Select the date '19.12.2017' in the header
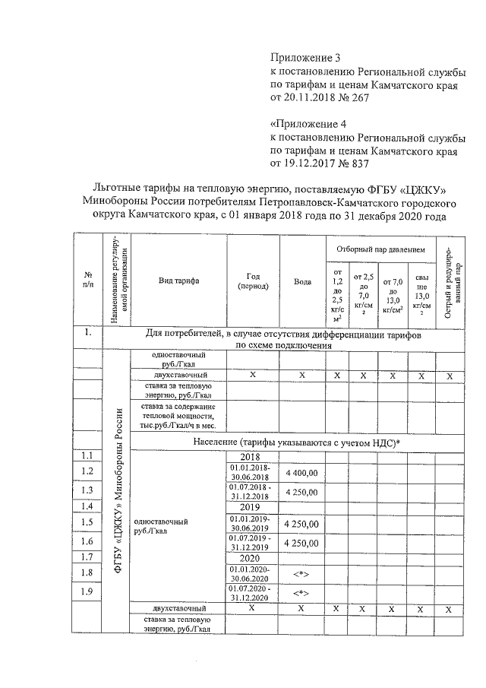click(311, 162)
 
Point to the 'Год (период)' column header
click(254, 281)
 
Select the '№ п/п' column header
click(88, 280)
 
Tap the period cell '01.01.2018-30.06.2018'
click(254, 472)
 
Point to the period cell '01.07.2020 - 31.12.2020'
click(254, 591)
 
